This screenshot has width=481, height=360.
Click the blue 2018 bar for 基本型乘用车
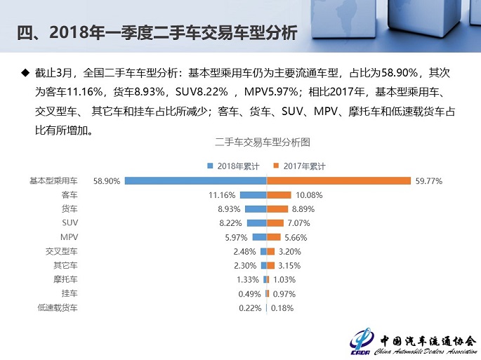pyautogui.click(x=196, y=180)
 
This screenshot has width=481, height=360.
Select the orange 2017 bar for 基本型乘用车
pyautogui.click(x=338, y=180)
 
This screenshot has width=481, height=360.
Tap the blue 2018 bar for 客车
pyautogui.click(x=253, y=194)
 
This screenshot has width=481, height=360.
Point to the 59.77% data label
pyautogui.click(x=430, y=181)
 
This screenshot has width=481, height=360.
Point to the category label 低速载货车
pyautogui.click(x=60, y=307)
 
